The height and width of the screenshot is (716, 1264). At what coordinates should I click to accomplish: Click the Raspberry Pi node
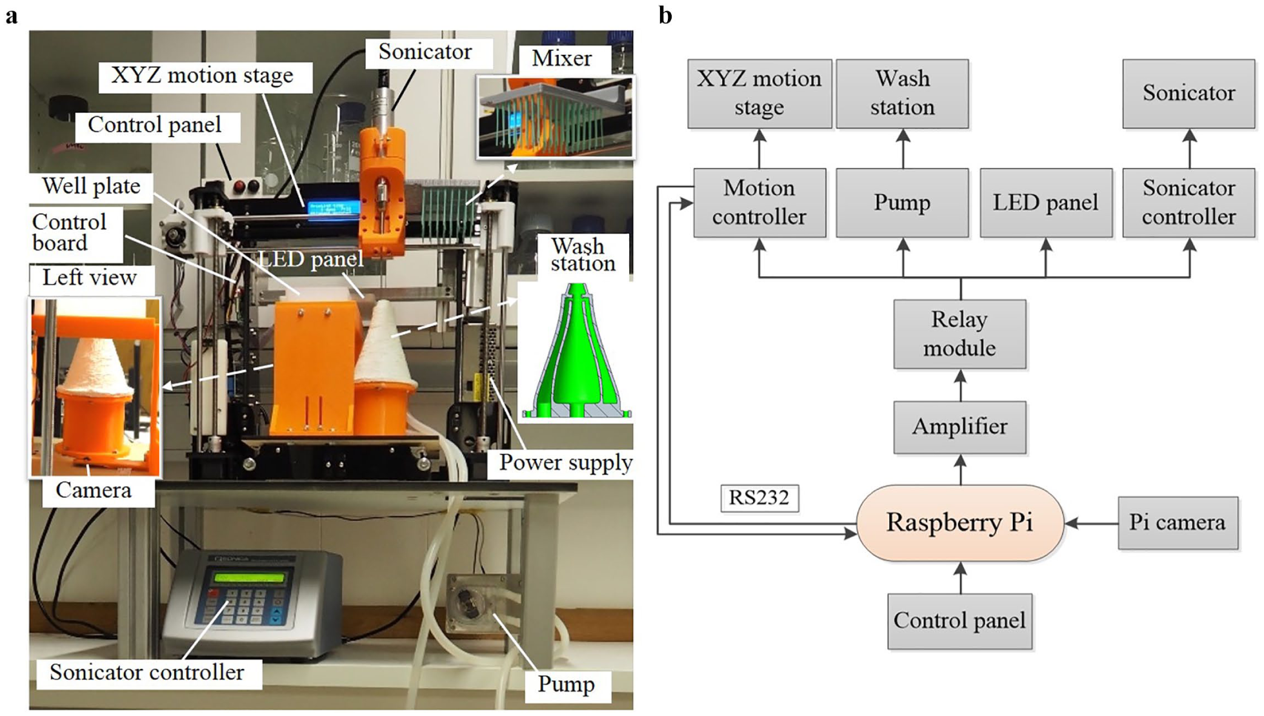(x=959, y=522)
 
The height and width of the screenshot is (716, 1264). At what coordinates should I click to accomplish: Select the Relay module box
(x=959, y=334)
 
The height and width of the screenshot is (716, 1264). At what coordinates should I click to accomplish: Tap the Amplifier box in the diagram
(x=959, y=427)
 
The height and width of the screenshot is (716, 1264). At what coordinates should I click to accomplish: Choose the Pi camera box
(x=1178, y=522)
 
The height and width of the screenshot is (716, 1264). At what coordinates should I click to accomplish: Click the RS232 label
(x=759, y=498)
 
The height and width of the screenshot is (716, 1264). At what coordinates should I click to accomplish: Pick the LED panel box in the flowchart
(x=1045, y=203)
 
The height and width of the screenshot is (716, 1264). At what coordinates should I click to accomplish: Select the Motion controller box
(x=759, y=203)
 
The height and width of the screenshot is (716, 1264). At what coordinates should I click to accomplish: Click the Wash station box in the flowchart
(x=902, y=94)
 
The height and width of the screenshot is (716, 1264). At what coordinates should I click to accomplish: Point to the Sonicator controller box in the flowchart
(x=1189, y=203)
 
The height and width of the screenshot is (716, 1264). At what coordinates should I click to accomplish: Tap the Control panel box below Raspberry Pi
(x=959, y=621)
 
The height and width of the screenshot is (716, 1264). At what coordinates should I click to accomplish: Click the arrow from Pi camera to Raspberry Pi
(x=1091, y=523)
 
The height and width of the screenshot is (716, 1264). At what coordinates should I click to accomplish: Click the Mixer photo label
(x=561, y=58)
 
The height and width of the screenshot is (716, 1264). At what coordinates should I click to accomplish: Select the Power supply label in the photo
(x=565, y=462)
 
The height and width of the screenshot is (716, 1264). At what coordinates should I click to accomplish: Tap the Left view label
(x=90, y=278)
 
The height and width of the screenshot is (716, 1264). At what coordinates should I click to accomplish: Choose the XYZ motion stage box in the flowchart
(x=759, y=94)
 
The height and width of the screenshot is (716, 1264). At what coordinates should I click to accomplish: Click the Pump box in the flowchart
(x=902, y=203)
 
